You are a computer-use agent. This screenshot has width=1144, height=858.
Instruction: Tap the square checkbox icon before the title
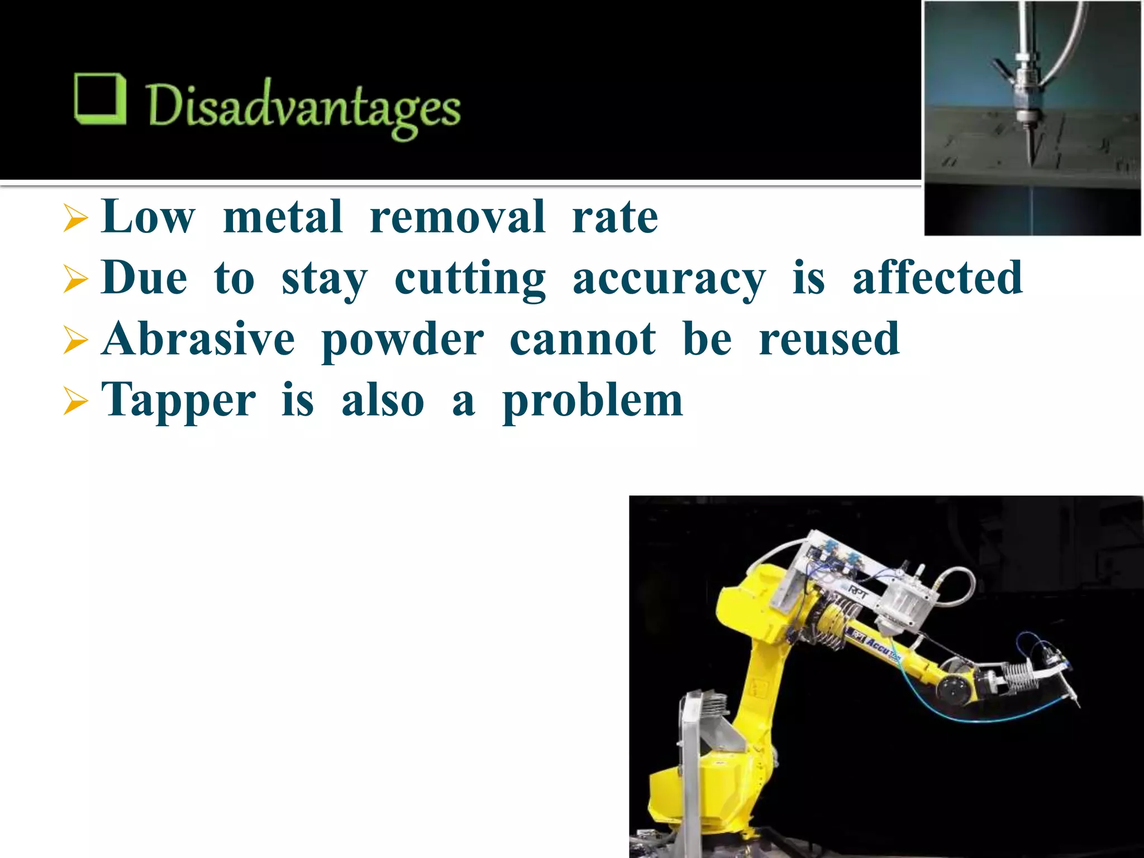(99, 99)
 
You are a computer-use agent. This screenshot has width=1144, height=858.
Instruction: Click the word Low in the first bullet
(148, 217)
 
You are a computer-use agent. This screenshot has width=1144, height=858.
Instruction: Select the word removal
(457, 217)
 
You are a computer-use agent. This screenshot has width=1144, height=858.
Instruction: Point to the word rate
(614, 217)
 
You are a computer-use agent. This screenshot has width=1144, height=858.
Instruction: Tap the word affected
(937, 278)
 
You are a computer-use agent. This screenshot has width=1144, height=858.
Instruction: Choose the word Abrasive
(198, 339)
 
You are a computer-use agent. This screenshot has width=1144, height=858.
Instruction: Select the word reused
(829, 339)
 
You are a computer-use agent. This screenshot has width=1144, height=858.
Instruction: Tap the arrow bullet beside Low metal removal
(75, 218)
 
